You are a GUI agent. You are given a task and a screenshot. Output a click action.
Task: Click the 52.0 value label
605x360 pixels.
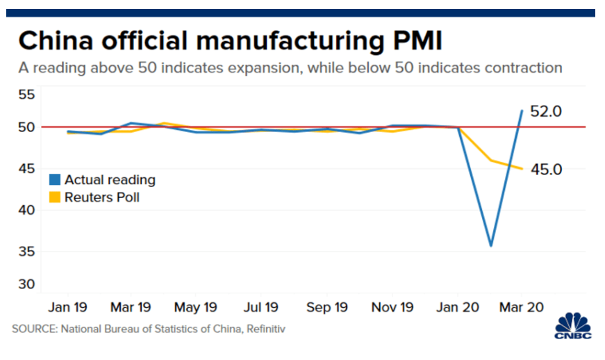(546, 112)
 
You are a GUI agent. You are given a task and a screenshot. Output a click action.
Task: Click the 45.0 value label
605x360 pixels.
(546, 169)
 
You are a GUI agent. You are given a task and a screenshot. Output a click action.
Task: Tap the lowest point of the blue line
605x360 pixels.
(491, 245)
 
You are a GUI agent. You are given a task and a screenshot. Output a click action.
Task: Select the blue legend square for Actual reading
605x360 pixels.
(54, 180)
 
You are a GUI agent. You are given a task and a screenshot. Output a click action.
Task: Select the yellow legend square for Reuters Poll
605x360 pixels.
(54, 197)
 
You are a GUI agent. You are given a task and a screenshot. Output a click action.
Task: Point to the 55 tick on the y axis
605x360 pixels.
(26, 94)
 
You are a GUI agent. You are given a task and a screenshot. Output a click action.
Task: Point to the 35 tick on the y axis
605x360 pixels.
(26, 252)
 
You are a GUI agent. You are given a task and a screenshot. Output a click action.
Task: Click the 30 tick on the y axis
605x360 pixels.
(26, 284)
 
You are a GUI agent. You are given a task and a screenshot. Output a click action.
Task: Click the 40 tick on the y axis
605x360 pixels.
(26, 210)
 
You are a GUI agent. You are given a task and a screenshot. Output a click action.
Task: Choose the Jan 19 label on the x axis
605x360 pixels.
(68, 306)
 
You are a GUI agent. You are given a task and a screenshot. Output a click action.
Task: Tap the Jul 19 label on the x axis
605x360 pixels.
(262, 306)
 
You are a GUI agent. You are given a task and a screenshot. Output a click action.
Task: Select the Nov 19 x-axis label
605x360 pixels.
(392, 306)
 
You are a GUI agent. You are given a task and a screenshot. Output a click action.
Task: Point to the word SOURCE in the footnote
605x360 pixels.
(33, 327)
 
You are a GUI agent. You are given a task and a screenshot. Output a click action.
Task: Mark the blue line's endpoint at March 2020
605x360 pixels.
(522, 111)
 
